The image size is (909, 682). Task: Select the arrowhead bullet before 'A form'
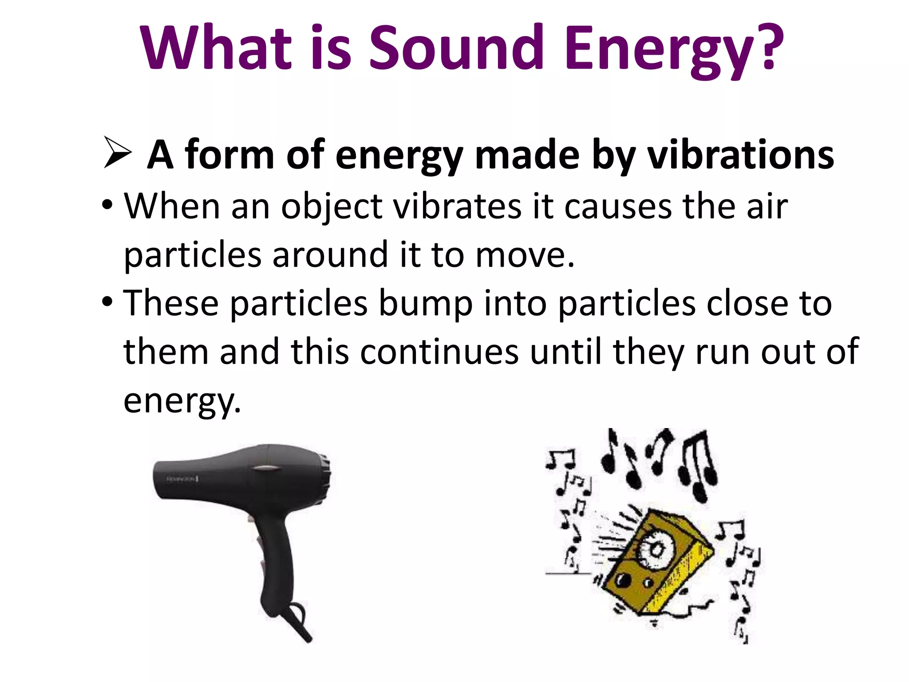[x=117, y=153]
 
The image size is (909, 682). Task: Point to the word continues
[x=439, y=352]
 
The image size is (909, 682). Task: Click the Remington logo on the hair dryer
[x=182, y=479]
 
